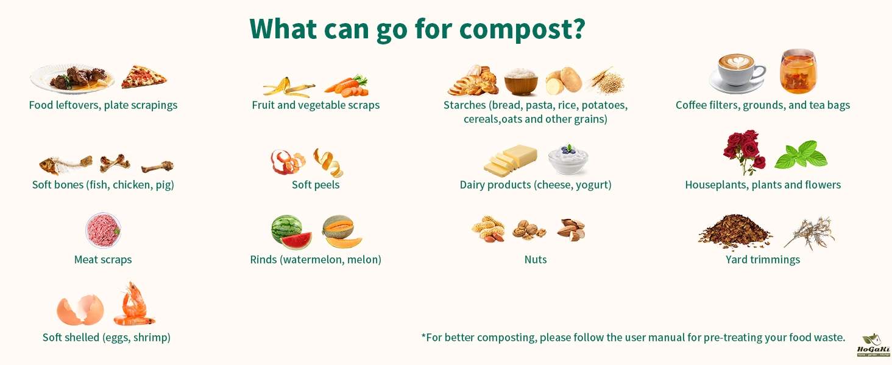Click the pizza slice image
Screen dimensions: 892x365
[x=144, y=77]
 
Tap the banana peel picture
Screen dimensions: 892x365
[x=288, y=88]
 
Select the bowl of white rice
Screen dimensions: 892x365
[x=521, y=82]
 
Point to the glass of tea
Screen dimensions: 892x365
[x=798, y=71]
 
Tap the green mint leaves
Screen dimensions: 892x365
[x=801, y=155]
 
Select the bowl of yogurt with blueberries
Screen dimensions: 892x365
[x=568, y=159]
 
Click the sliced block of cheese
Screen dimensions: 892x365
[x=511, y=161]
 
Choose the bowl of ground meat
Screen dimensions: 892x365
[x=103, y=230]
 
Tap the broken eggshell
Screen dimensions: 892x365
[x=80, y=310]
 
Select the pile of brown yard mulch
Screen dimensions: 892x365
[x=735, y=231]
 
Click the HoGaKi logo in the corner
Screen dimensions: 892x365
[x=873, y=345]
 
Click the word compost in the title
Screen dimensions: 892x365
[x=522, y=29]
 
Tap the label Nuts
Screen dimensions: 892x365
[x=536, y=260]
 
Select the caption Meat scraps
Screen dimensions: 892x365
[x=103, y=260]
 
